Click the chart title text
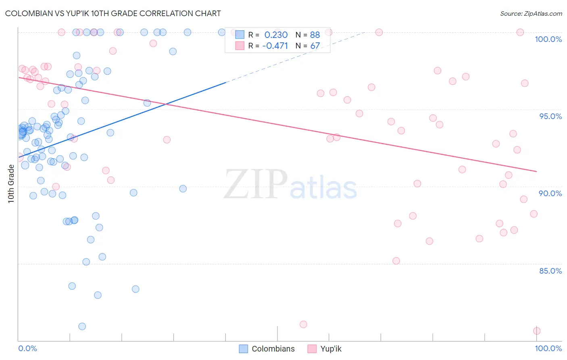tap(113, 13)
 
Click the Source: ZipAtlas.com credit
tap(531, 13)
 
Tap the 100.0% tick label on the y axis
tap(548, 39)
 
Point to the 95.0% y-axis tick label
tap(550, 116)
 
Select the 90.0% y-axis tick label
tap(550, 193)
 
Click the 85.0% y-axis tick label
tap(550, 271)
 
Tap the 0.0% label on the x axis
tap(27, 348)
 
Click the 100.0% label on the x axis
tap(548, 348)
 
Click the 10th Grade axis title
tap(11, 184)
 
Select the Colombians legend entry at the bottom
tap(267, 349)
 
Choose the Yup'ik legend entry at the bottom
tap(324, 349)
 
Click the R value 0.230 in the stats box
tap(276, 35)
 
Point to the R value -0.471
tap(275, 46)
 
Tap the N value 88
tap(315, 35)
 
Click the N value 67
tap(315, 46)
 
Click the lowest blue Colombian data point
tap(82, 326)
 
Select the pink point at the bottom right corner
tap(537, 331)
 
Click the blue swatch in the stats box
tap(240, 35)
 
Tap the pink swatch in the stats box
tap(240, 46)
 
